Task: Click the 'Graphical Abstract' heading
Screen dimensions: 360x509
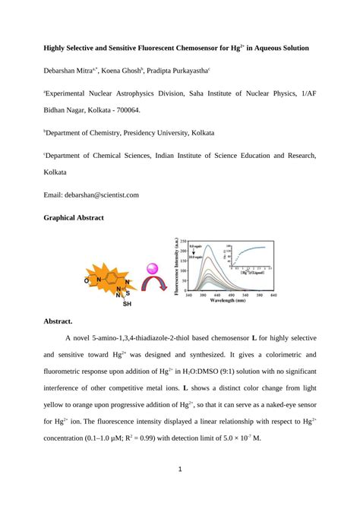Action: (74, 217)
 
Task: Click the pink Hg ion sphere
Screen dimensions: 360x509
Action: (151, 268)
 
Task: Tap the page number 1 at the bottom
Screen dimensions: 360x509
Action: (180, 469)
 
